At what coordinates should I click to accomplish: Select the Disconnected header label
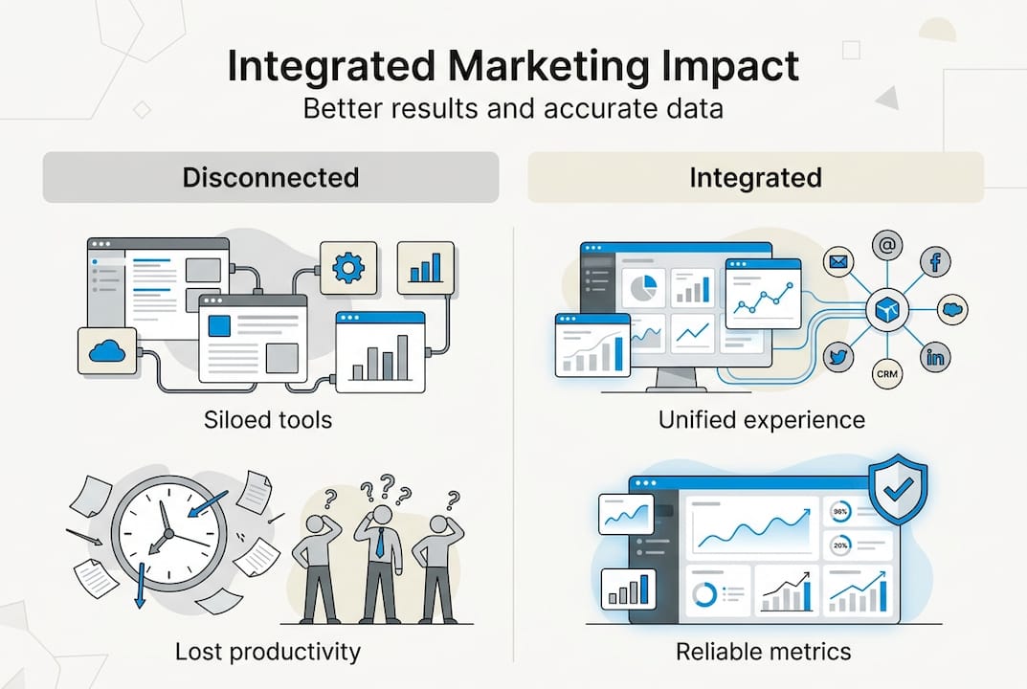click(270, 177)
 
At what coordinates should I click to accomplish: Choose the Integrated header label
click(755, 177)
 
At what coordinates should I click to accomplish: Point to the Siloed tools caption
click(268, 419)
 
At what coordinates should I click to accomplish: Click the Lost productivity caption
click(268, 652)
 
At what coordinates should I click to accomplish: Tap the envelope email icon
click(839, 261)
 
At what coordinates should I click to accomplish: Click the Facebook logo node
click(935, 261)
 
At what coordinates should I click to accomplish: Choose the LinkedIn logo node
click(935, 357)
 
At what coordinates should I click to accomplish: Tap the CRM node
click(887, 374)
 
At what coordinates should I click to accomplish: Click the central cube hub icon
click(887, 309)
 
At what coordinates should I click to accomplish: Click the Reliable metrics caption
click(763, 652)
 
